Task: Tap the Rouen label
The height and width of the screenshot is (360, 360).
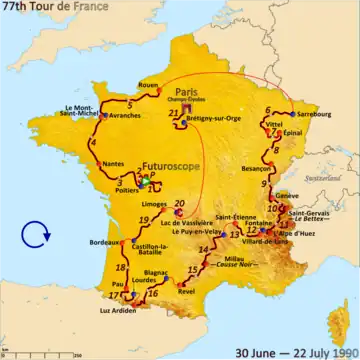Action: click(149, 84)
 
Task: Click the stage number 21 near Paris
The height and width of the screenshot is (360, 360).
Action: click(174, 114)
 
